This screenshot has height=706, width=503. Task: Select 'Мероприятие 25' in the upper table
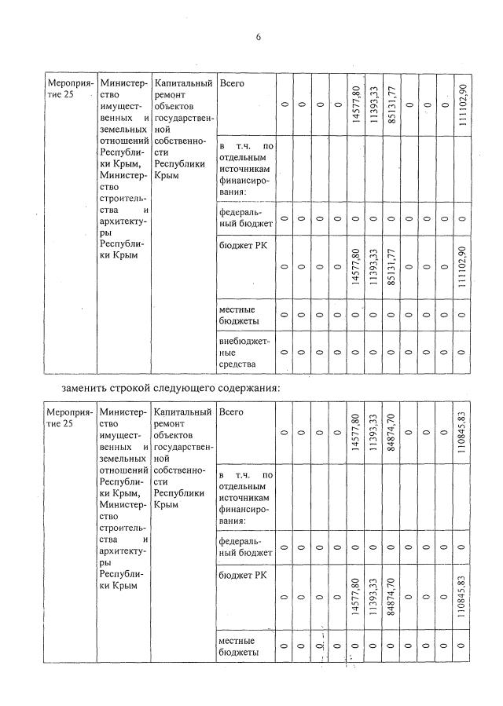[68, 88]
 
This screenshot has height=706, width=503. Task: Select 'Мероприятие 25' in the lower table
[68, 417]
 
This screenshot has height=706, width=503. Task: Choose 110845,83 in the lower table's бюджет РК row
[463, 596]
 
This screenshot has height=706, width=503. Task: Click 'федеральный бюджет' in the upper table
[245, 218]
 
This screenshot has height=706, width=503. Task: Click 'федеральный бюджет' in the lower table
[245, 547]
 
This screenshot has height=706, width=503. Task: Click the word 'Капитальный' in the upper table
[183, 83]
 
